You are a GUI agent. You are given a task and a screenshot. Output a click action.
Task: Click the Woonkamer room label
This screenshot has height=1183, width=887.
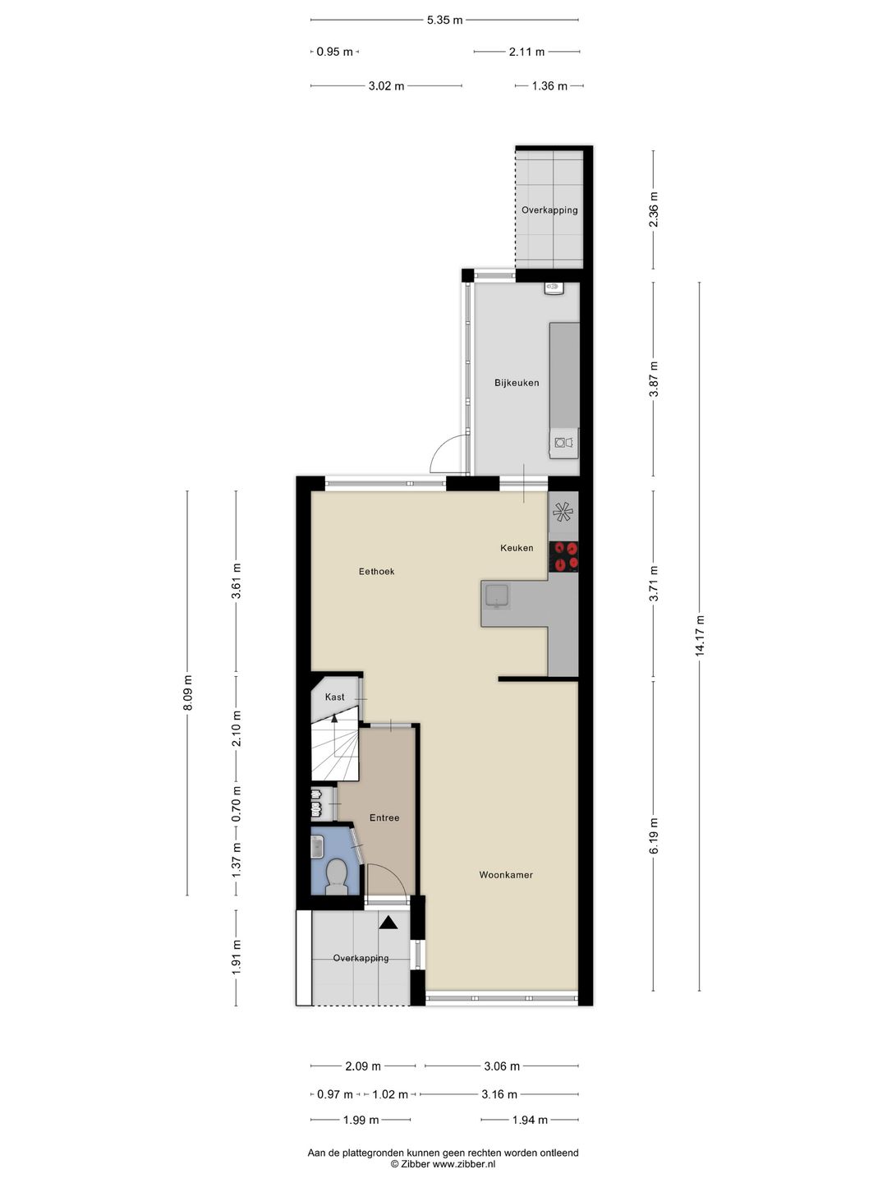point(506,875)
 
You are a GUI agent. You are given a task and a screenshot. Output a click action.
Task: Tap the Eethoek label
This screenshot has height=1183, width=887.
point(376,572)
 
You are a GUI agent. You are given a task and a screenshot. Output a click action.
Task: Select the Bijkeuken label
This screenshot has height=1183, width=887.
point(517,383)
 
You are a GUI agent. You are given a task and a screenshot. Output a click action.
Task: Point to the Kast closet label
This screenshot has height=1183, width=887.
point(334,697)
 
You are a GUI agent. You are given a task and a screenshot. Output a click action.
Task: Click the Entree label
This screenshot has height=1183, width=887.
point(384,818)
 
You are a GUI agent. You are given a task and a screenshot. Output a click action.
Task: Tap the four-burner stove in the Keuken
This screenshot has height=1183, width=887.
point(564,556)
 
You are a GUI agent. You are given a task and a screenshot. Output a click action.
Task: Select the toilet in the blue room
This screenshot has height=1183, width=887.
point(336,875)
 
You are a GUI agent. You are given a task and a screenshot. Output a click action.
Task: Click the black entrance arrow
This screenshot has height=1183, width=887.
point(388,923)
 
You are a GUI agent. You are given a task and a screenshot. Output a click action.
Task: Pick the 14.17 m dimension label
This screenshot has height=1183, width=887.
point(700,635)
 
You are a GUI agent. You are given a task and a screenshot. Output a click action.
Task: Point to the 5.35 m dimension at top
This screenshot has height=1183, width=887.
point(444,20)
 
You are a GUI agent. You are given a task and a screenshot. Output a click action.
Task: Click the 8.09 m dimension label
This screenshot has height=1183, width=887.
point(187,693)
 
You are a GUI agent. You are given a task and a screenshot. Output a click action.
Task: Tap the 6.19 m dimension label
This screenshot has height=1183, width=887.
point(654,835)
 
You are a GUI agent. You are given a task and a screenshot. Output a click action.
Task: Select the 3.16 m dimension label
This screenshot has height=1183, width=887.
point(499,1094)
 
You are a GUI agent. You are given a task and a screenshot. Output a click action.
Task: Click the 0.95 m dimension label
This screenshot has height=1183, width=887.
point(334,52)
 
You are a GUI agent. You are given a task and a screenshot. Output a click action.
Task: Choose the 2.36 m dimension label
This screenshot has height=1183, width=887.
point(654,209)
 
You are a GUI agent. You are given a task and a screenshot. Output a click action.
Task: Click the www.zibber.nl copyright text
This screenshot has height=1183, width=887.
point(443,1164)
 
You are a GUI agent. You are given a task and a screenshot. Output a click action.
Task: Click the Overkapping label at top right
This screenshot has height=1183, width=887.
point(549,210)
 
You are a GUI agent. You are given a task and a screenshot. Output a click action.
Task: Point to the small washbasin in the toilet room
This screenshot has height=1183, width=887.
point(317,847)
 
